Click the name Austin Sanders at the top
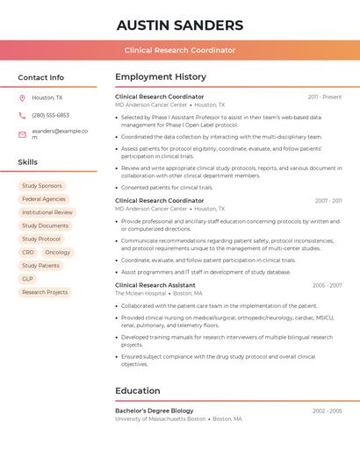coord(180,25)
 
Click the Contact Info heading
coord(41,77)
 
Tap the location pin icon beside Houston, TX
coord(22,98)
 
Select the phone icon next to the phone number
coord(22,115)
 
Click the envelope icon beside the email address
coord(22,134)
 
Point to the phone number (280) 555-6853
coord(50,115)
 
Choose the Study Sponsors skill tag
coord(42,186)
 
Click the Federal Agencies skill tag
coord(44,199)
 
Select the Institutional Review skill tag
coord(47,212)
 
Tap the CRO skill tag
coord(28,252)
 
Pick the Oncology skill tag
coord(58,252)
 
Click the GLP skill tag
coord(27,279)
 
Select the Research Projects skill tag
coord(45,292)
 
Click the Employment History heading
coord(161,77)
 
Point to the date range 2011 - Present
coord(325,97)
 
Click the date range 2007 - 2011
coord(328,201)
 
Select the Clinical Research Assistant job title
coord(155,285)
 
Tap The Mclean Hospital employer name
coord(140,293)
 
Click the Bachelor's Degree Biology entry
coord(155,411)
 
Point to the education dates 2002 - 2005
coord(328,411)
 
